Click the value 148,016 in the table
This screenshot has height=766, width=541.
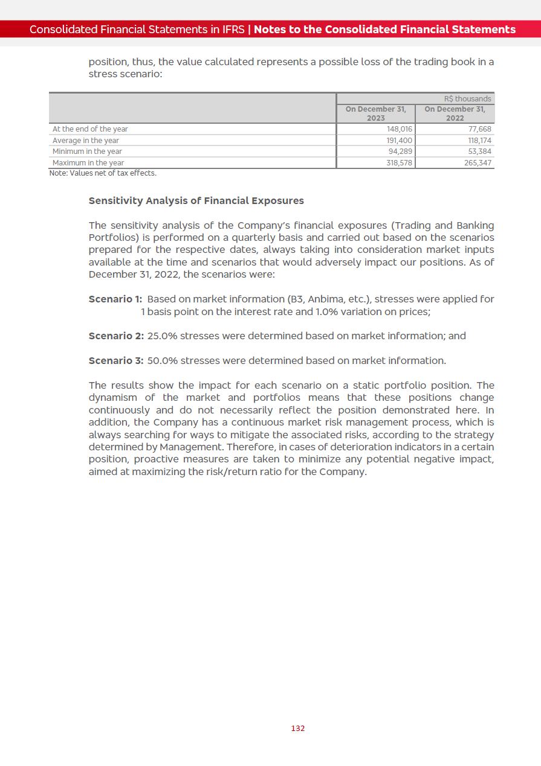(399, 129)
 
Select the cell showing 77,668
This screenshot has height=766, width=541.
(480, 129)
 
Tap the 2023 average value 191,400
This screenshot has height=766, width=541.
(399, 141)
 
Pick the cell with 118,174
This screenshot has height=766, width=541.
(479, 141)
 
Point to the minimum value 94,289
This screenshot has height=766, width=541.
(400, 152)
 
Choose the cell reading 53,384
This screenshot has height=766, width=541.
(480, 152)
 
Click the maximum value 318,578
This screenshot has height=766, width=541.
(399, 163)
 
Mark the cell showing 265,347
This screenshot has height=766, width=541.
(478, 163)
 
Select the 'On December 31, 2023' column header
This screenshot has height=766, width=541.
(376, 113)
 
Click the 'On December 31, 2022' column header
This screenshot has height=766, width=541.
(455, 113)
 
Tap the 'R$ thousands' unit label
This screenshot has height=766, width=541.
(468, 99)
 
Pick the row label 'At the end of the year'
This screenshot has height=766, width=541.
(90, 129)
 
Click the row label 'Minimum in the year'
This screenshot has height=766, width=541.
(87, 152)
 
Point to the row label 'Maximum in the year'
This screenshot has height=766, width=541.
(88, 163)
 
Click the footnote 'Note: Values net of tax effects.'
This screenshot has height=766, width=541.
(103, 173)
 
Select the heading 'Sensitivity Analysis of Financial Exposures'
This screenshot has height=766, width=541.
(196, 200)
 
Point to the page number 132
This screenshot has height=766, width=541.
(298, 729)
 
